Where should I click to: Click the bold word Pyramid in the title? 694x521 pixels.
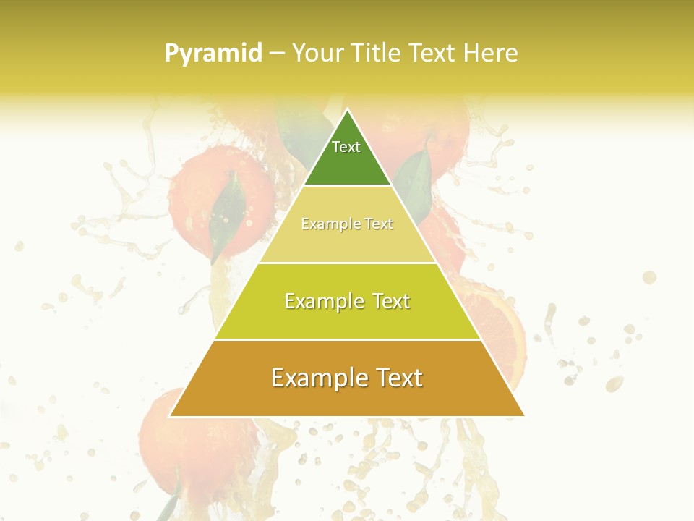pyautogui.click(x=213, y=53)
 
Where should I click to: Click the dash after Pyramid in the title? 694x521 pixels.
pyautogui.click(x=276, y=54)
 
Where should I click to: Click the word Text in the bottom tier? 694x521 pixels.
pyautogui.click(x=397, y=378)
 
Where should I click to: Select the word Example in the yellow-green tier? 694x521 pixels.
pyautogui.click(x=323, y=301)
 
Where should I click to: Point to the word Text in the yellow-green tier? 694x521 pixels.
pyautogui.click(x=389, y=301)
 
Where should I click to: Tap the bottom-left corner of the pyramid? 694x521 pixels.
pyautogui.click(x=171, y=416)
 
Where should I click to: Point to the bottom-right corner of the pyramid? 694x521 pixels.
pyautogui.click(x=523, y=416)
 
